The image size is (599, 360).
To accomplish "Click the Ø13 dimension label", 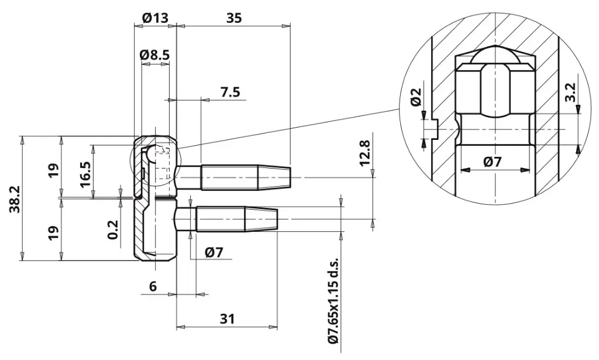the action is click(154, 18).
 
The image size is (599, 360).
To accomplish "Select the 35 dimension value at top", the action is click(234, 18).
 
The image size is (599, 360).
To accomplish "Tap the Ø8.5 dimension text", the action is click(154, 54).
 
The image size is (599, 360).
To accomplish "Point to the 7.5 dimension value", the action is click(230, 92).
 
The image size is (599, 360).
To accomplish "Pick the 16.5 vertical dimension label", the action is click(85, 174).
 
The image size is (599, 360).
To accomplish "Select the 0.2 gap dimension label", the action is click(113, 229).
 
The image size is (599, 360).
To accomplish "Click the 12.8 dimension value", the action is click(365, 153).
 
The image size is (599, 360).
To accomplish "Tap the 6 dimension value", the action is click(153, 286).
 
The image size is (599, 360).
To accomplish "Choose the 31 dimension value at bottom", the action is click(227, 318).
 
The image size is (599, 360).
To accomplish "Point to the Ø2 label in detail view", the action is click(416, 97).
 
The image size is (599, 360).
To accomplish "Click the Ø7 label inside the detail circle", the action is click(492, 162).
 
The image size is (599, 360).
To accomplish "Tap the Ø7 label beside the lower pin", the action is click(214, 252).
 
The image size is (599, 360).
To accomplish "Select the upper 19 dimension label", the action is click(54, 170).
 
